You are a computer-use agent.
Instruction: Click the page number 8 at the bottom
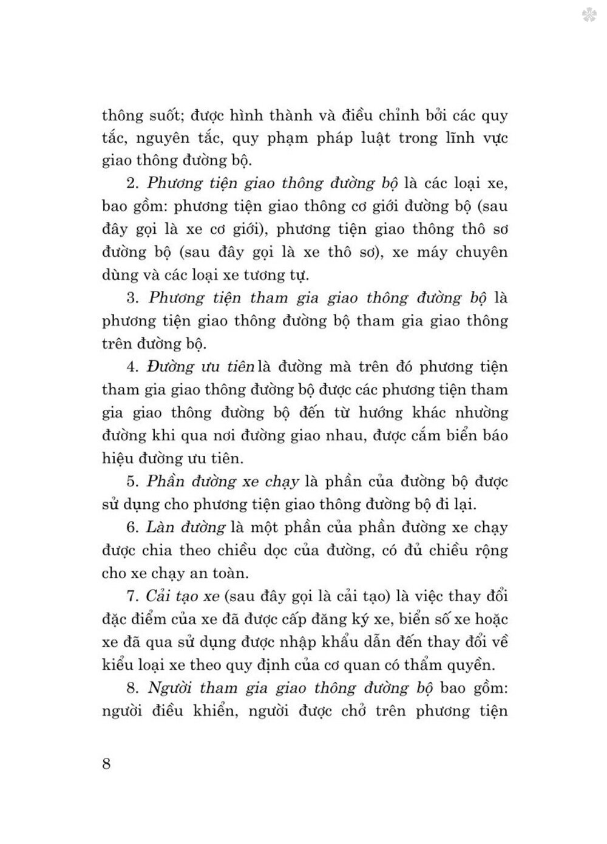click(x=106, y=763)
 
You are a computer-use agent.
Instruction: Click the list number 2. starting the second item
click(x=132, y=183)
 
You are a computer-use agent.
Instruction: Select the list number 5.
click(x=132, y=482)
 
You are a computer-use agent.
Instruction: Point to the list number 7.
click(x=132, y=596)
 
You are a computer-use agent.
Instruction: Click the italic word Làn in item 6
click(x=158, y=527)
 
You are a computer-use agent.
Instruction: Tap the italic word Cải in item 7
click(x=159, y=596)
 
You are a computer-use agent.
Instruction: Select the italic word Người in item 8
click(x=170, y=687)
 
